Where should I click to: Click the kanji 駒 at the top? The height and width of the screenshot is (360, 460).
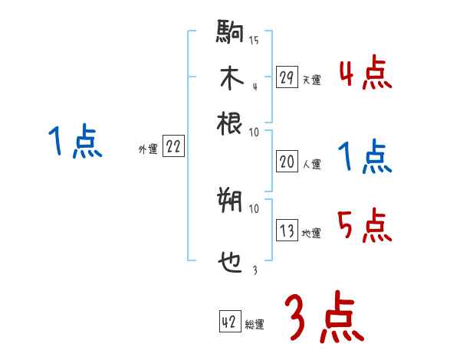point(230,34)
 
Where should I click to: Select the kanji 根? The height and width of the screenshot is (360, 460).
point(230,122)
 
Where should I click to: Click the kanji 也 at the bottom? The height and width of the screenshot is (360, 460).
point(230,264)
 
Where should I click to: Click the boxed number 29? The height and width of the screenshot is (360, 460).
point(287,77)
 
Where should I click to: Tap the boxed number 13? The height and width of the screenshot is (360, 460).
point(287,231)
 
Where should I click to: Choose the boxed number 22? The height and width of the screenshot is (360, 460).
point(173,147)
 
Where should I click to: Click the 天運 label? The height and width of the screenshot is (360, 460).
point(310,80)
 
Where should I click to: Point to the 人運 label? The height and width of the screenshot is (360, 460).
point(310,163)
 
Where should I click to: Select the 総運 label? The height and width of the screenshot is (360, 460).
point(255,325)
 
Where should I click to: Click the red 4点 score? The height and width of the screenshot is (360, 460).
point(365,74)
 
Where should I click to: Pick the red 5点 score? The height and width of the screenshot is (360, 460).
point(365,224)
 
